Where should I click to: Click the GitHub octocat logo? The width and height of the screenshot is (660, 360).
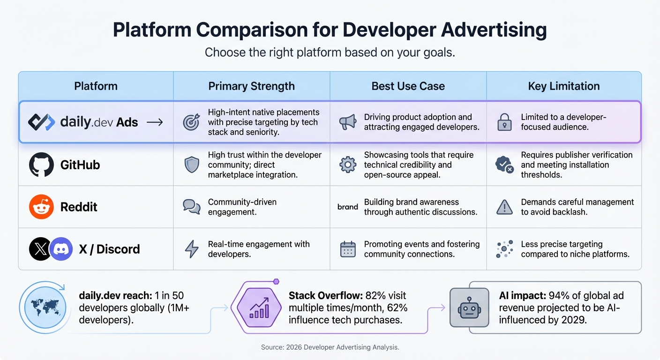pos(41,165)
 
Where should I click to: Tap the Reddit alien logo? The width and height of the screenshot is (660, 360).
pos(41,207)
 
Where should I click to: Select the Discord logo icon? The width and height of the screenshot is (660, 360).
pos(61,249)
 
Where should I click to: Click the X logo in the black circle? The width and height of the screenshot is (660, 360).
pos(41,249)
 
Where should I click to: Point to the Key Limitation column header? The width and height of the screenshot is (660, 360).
pos(563,86)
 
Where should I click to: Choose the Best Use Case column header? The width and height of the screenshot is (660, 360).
pos(408,86)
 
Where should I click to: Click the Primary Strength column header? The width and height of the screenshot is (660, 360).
pos(251,86)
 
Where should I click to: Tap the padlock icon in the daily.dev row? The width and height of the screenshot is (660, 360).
pos(504,122)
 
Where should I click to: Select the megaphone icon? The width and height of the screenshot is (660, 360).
pos(347,122)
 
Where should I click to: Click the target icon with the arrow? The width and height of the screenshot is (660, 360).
pos(192,122)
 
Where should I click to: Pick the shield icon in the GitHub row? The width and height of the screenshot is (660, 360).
pos(192,165)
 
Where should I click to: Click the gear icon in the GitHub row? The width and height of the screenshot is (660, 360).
pos(347,165)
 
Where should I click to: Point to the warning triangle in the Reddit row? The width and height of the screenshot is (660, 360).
pos(504,207)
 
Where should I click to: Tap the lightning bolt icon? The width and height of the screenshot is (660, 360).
pos(192,249)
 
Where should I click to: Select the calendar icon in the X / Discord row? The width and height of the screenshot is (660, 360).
pos(347,249)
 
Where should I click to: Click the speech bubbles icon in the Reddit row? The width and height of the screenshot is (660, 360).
pos(192,207)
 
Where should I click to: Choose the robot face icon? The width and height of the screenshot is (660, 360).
pos(465,307)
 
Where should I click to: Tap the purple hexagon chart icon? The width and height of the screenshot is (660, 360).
pos(259,307)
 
